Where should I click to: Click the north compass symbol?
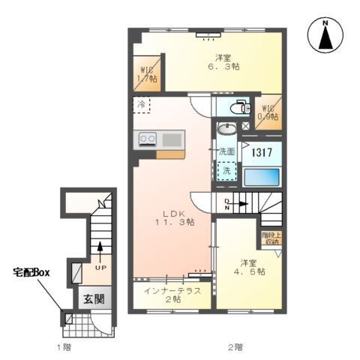(327, 35)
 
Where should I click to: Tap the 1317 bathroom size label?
(260, 152)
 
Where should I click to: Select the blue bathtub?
(262, 178)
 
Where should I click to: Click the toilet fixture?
(239, 107)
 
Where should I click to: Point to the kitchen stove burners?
(146, 139)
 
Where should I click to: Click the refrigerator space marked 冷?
(142, 105)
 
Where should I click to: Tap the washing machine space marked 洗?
(225, 171)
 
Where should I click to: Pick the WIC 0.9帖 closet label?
(268, 111)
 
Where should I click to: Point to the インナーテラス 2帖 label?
(172, 295)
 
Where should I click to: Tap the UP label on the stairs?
(98, 266)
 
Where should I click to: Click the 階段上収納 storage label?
(270, 238)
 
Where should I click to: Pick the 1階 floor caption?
(64, 346)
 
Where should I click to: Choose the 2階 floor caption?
(235, 346)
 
